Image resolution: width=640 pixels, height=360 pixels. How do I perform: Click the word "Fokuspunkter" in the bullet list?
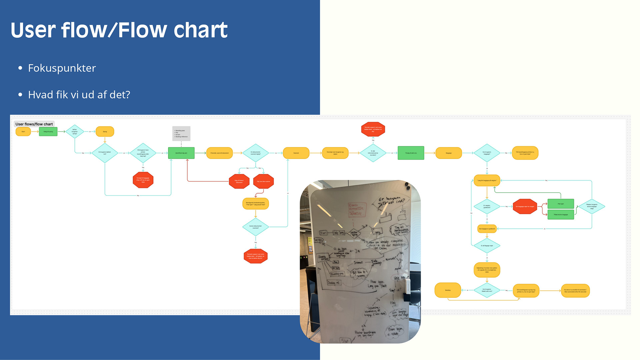pos(62,68)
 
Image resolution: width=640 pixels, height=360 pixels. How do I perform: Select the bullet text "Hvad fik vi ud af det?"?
pos(79,95)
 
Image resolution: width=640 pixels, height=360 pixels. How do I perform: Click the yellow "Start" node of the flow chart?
pos(23,132)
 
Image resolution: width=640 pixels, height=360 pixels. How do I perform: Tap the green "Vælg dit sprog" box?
pos(48,132)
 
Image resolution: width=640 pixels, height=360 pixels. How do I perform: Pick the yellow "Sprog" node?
pos(105,132)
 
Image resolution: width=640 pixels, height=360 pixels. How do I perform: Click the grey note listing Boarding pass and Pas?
pos(181,133)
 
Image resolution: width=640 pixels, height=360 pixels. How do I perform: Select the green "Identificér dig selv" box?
pos(181,153)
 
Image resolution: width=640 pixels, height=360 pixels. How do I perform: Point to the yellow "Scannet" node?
pos(296,153)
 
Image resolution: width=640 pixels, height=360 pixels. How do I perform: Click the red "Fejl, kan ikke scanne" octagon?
pos(263,181)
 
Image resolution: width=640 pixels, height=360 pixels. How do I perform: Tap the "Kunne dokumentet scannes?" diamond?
pos(255,227)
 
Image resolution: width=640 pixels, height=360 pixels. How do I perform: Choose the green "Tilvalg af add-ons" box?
pos(411,153)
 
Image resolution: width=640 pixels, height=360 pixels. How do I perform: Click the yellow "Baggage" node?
pos(449,153)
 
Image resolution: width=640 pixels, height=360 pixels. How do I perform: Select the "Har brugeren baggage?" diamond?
pos(487,153)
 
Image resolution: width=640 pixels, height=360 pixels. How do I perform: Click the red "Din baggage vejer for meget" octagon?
pos(525,207)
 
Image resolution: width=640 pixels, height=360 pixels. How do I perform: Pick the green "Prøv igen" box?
pos(561,204)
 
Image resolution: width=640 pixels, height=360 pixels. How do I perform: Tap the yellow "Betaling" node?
pos(448,290)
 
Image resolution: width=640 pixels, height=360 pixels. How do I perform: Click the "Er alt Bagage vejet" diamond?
pos(487,246)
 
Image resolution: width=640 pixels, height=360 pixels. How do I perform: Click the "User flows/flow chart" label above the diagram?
pos(34,124)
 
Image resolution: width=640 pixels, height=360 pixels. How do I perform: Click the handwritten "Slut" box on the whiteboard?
pos(345,340)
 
